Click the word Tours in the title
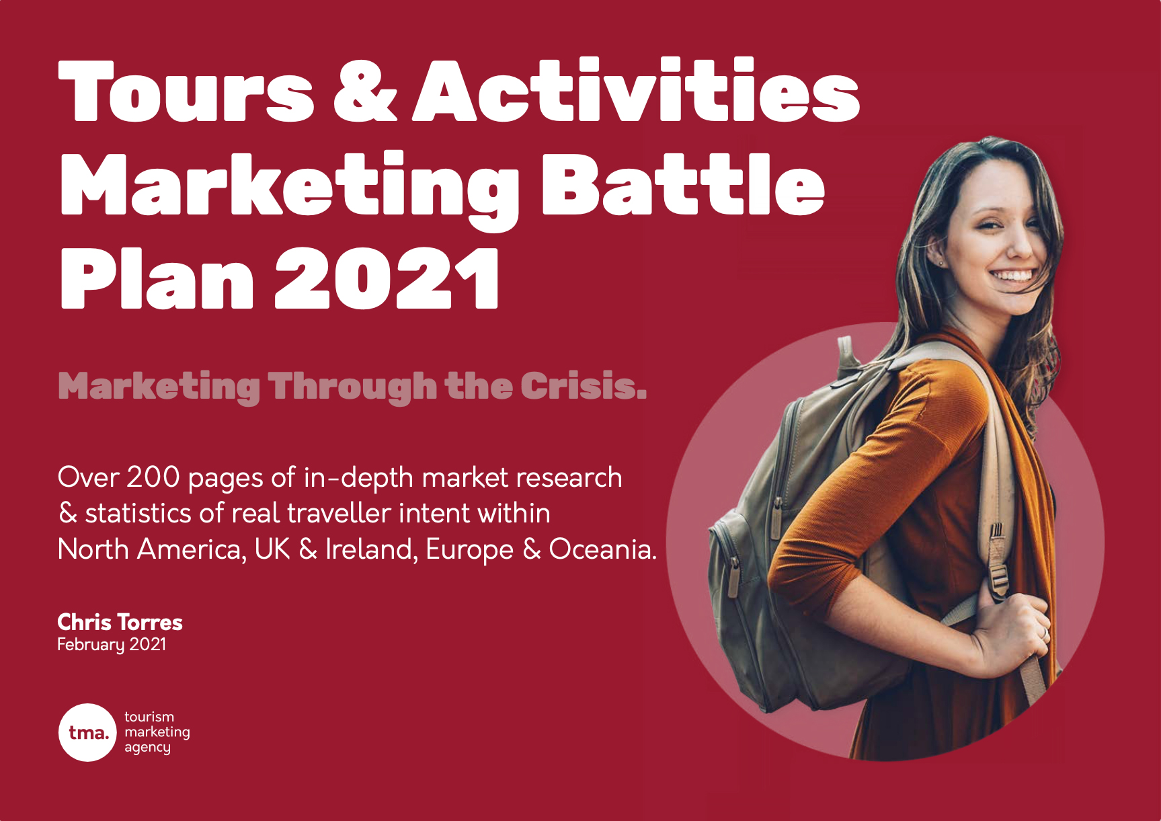point(186,91)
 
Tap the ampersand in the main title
point(366,91)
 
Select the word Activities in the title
point(636,89)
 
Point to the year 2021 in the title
point(387,276)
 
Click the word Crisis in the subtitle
point(583,386)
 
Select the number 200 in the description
point(153,477)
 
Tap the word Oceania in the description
point(602,549)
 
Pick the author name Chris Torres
point(120,622)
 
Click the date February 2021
point(112,644)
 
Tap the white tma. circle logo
point(88,732)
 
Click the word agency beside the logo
point(147,748)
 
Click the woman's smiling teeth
point(1013,276)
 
